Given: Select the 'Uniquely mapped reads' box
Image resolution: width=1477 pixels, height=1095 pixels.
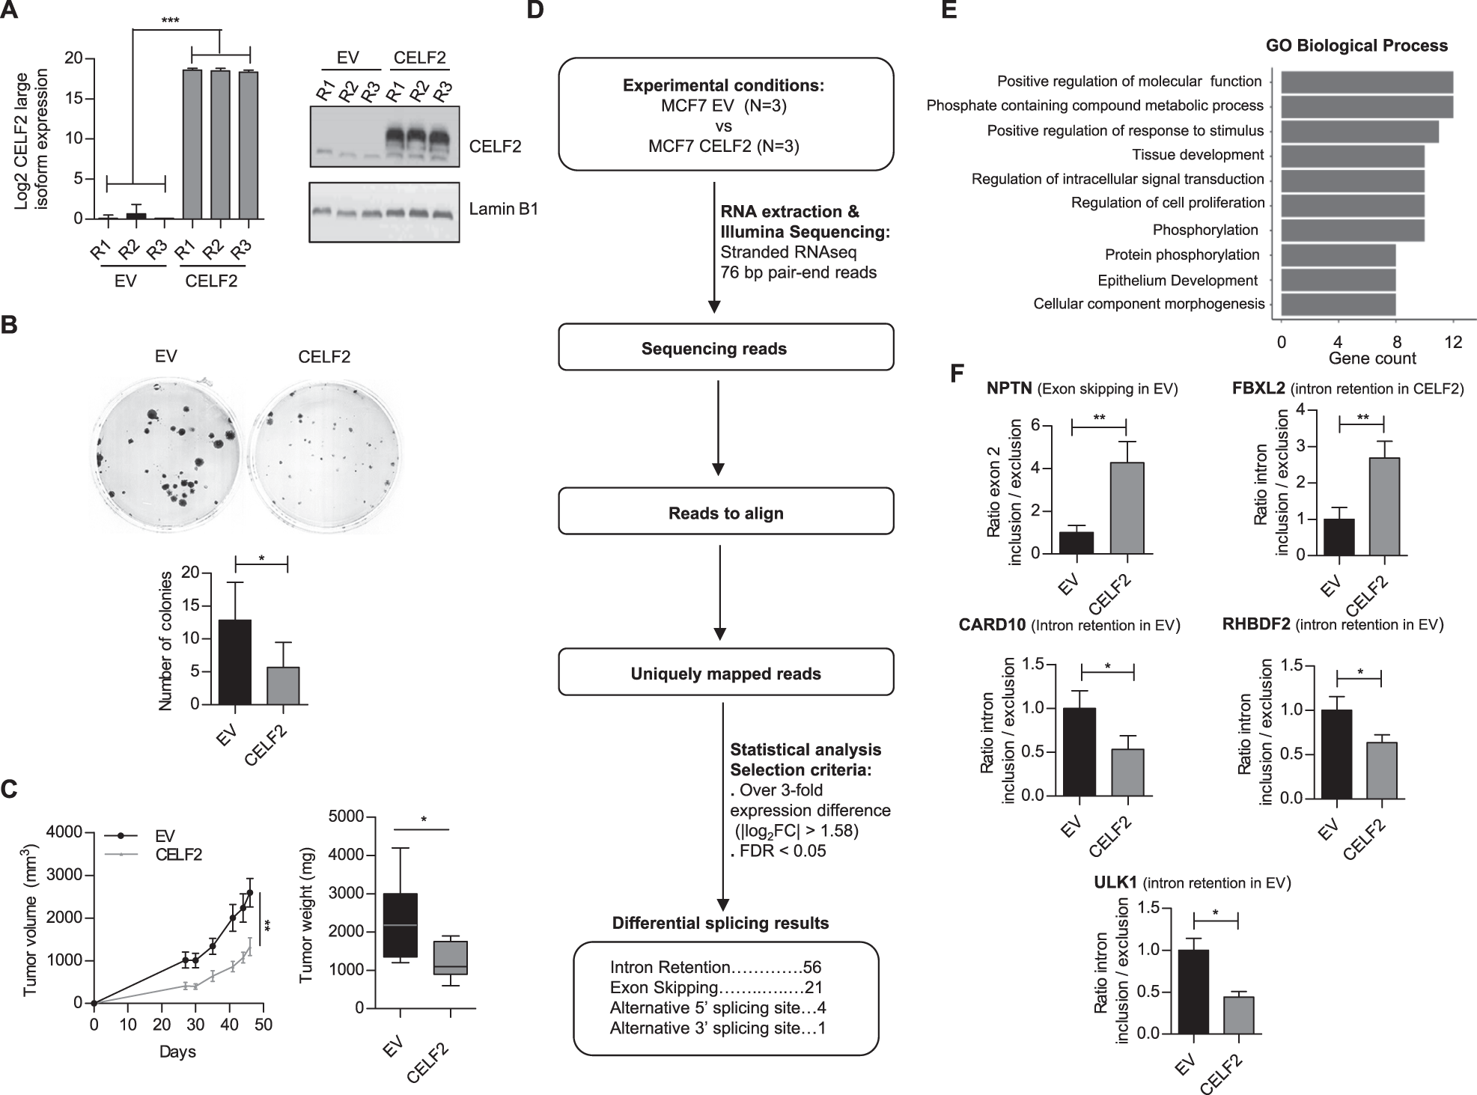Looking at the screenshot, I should (x=725, y=673).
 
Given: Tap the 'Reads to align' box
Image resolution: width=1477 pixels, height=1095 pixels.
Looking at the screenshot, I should (x=725, y=513).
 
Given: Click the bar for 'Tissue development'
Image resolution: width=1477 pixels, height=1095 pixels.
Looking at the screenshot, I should (x=1352, y=156).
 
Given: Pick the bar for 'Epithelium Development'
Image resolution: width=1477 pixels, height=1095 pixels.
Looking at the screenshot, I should (x=1338, y=280).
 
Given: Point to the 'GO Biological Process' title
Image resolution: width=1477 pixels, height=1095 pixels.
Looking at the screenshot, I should (x=1356, y=46).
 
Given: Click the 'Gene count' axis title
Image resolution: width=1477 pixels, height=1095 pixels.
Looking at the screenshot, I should (x=1371, y=359).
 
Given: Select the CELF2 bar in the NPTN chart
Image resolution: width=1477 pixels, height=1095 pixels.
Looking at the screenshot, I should (x=1126, y=508).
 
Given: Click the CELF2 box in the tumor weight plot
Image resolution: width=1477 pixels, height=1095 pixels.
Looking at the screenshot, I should (x=451, y=957).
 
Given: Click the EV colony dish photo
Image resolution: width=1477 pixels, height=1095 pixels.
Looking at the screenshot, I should (x=166, y=451).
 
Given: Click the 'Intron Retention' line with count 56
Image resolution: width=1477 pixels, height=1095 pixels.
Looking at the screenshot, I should (x=716, y=967).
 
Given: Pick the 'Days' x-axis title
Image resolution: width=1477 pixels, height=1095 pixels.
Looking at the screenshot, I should (x=177, y=1052).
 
